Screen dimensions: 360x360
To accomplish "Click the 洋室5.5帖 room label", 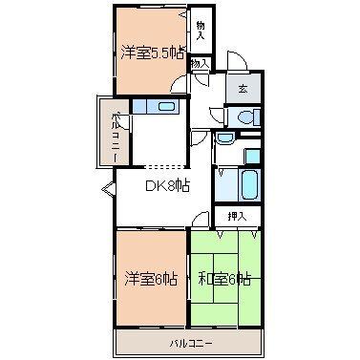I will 150,53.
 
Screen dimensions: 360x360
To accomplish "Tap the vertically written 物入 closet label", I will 201,30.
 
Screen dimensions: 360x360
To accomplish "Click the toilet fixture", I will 245,117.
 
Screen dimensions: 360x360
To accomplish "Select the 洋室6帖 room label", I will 150,279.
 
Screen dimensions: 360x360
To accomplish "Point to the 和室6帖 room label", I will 224,279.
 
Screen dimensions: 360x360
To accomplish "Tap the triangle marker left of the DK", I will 107,186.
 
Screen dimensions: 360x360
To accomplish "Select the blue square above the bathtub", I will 253,154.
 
